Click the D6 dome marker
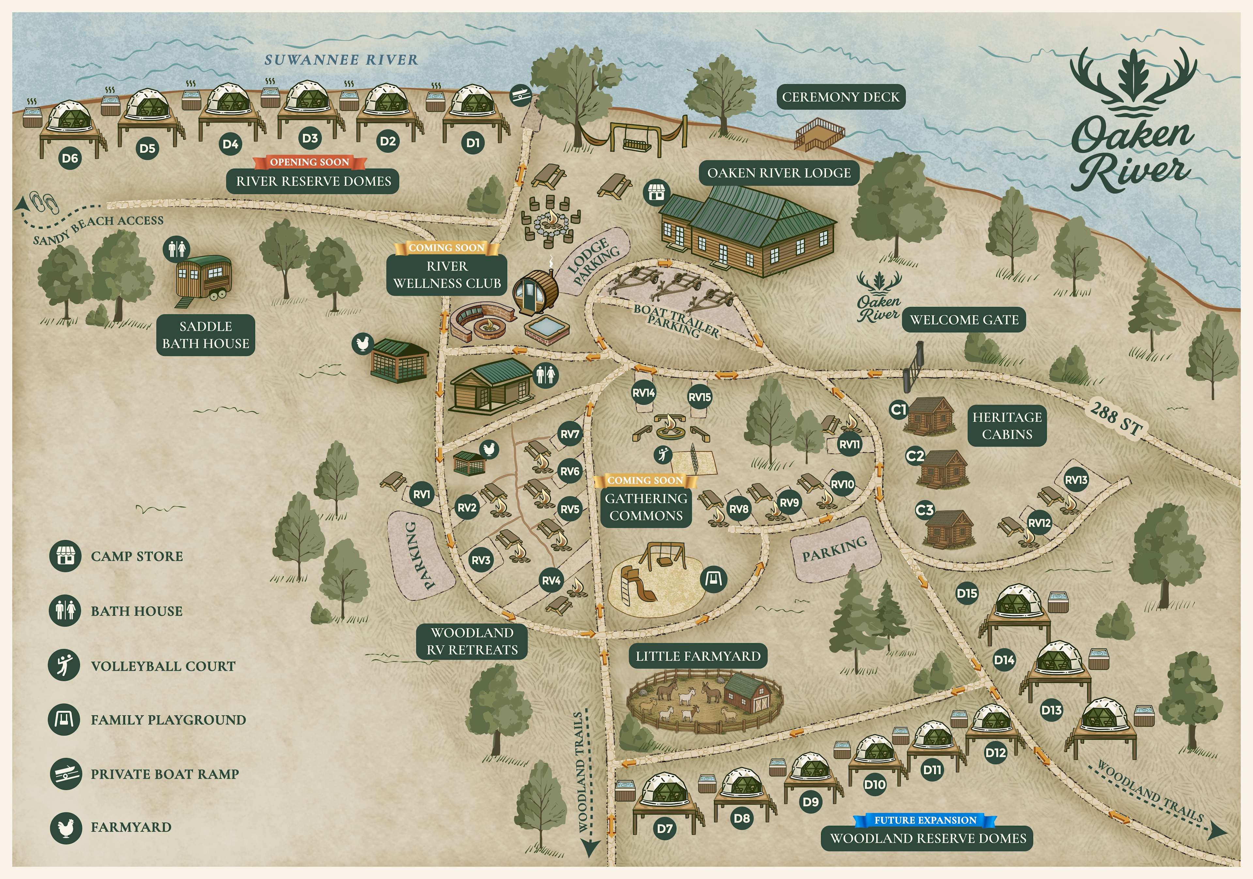click(x=70, y=158)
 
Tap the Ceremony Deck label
click(x=841, y=97)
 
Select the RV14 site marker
click(x=643, y=393)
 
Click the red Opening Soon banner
click(x=309, y=162)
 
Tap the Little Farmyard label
click(x=698, y=656)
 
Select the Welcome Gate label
click(x=964, y=320)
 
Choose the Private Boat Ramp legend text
click(x=165, y=774)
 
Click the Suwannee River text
click(x=341, y=60)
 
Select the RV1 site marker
click(x=421, y=494)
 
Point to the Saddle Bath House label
click(x=206, y=335)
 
